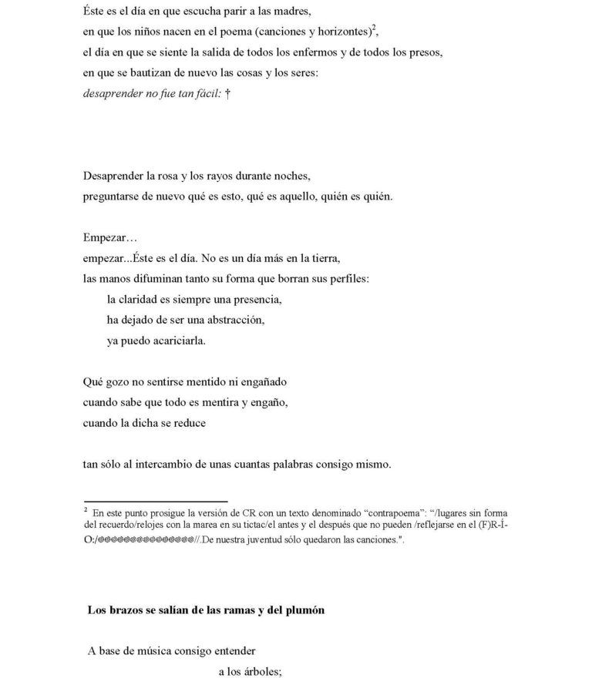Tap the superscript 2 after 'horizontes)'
coord(375,29)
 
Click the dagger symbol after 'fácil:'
coord(228,95)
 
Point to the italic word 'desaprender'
coord(112,95)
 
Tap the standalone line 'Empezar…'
coord(109,237)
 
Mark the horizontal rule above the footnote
coord(155,502)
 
